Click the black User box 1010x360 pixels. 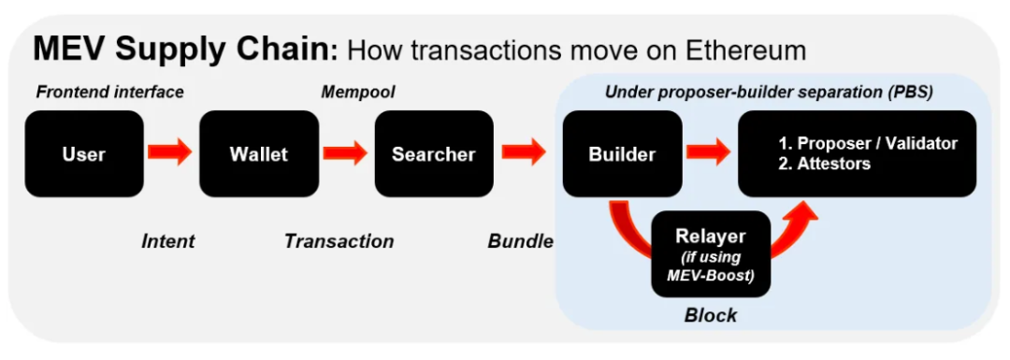[x=84, y=154]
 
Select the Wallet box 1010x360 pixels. [x=259, y=154]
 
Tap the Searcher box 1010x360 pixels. [x=434, y=154]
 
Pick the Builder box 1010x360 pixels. [x=622, y=154]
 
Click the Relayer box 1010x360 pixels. [x=711, y=254]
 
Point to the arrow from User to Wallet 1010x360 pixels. [x=171, y=152]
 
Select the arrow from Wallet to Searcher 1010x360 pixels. [x=346, y=152]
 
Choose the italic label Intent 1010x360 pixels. [x=167, y=241]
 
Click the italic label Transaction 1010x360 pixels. [x=339, y=241]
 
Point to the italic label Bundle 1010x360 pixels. [x=521, y=241]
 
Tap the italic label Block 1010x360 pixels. [x=711, y=315]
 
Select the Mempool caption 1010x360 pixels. [x=358, y=93]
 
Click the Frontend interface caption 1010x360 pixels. [x=110, y=92]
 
